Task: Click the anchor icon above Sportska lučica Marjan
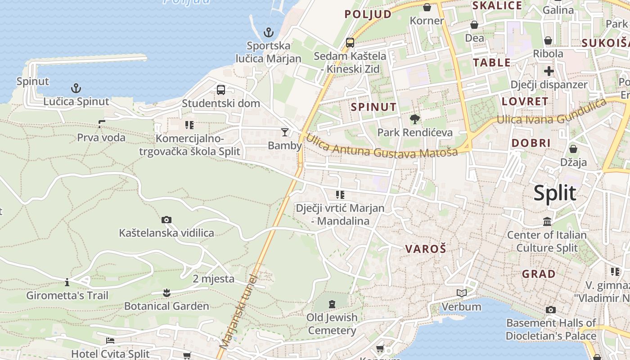[x=268, y=32]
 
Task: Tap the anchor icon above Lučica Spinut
[x=76, y=88]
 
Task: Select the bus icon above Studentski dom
[x=221, y=90]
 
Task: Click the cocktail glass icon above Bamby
[x=284, y=132]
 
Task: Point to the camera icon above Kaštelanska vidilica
[x=166, y=220]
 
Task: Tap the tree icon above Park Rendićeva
[x=415, y=119]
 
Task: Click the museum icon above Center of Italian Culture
[x=547, y=222]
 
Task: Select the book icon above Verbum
[x=461, y=293]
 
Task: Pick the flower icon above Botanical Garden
[x=166, y=293]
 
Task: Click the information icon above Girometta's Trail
[x=67, y=283]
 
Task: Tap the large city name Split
[x=554, y=193]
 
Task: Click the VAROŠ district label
[x=425, y=249]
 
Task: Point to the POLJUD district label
[x=368, y=14]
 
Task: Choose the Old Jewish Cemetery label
[x=332, y=324]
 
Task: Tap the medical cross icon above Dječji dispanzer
[x=549, y=71]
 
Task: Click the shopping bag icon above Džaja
[x=573, y=149]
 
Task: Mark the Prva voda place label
[x=101, y=138]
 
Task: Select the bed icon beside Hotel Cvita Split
[x=110, y=341]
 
